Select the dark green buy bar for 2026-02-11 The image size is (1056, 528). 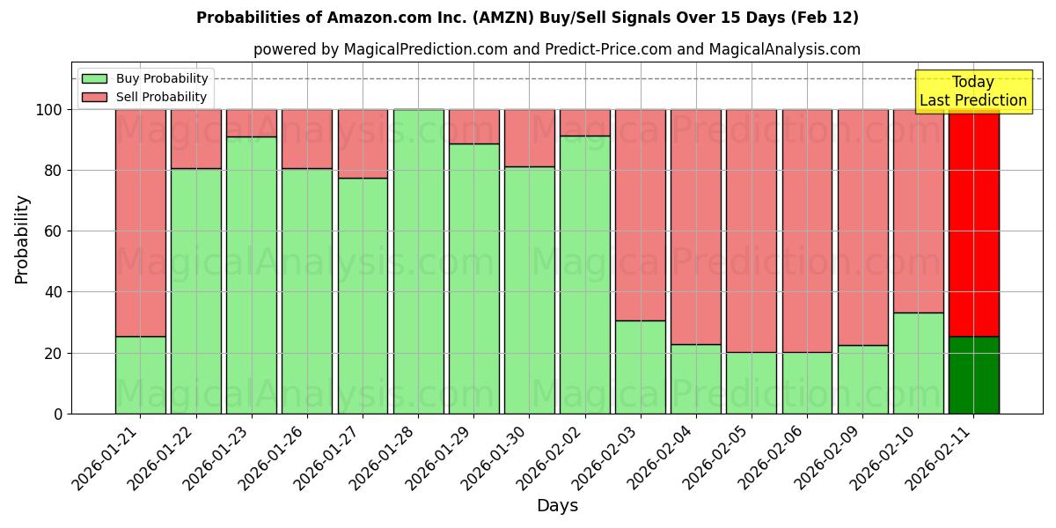point(973,375)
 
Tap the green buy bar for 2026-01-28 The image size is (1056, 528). point(418,261)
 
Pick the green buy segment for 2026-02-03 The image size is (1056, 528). point(641,367)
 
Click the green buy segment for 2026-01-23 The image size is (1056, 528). point(252,275)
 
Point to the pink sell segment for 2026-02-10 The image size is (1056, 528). point(918,211)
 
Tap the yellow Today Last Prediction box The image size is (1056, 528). point(972,92)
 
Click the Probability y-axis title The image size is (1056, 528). point(22,238)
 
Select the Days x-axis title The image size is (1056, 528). point(557,506)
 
